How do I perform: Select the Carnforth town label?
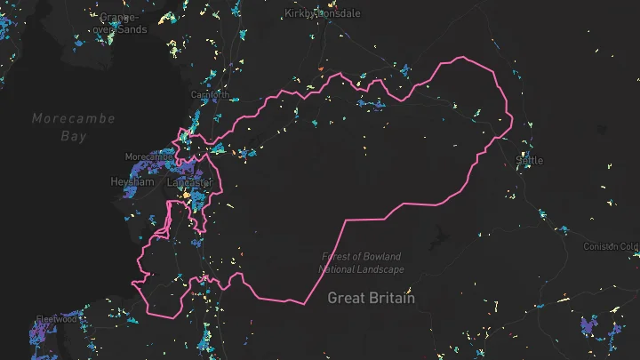[211, 95]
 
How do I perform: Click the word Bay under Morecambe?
[73, 137]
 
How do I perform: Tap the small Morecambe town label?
[148, 156]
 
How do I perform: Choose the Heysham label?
[132, 181]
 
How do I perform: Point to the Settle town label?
[529, 160]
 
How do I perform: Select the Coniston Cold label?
[611, 246]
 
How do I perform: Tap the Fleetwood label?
[56, 320]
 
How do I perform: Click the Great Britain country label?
[371, 298]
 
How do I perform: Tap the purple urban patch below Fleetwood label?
[40, 335]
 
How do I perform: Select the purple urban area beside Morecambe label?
[142, 168]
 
